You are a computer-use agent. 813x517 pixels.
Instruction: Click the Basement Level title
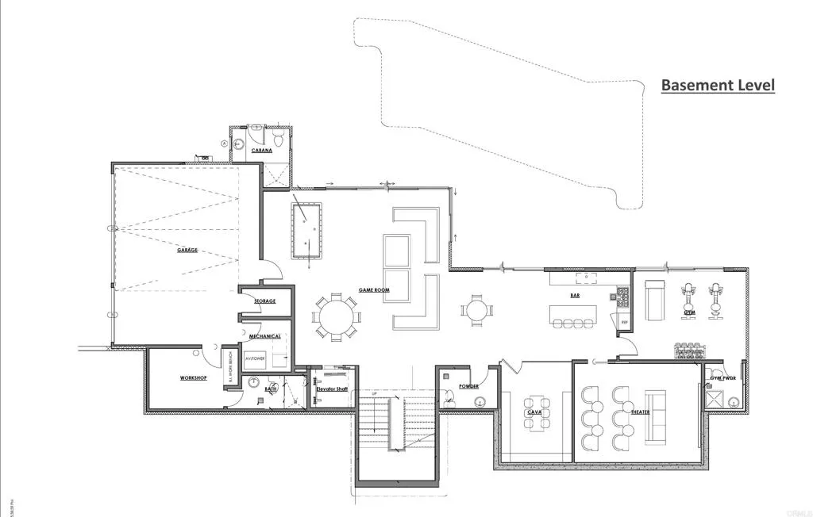pos(718,86)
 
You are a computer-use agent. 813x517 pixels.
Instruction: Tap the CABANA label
pos(262,150)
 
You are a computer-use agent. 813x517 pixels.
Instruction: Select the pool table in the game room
pos(306,231)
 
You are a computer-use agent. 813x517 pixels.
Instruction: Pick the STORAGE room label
pos(264,301)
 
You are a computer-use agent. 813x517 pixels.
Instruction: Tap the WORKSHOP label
pos(193,378)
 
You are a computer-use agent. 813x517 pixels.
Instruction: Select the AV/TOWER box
pos(254,359)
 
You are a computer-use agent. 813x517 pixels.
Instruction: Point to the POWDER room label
pos(468,386)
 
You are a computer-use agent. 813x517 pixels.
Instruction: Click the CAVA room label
pos(534,412)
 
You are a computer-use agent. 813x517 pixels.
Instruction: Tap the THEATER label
pos(640,412)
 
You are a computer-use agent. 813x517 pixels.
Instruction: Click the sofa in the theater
pos(655,417)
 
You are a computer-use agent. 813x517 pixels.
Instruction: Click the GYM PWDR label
pos(722,378)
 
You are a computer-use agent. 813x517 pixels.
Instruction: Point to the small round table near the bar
pos(476,310)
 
